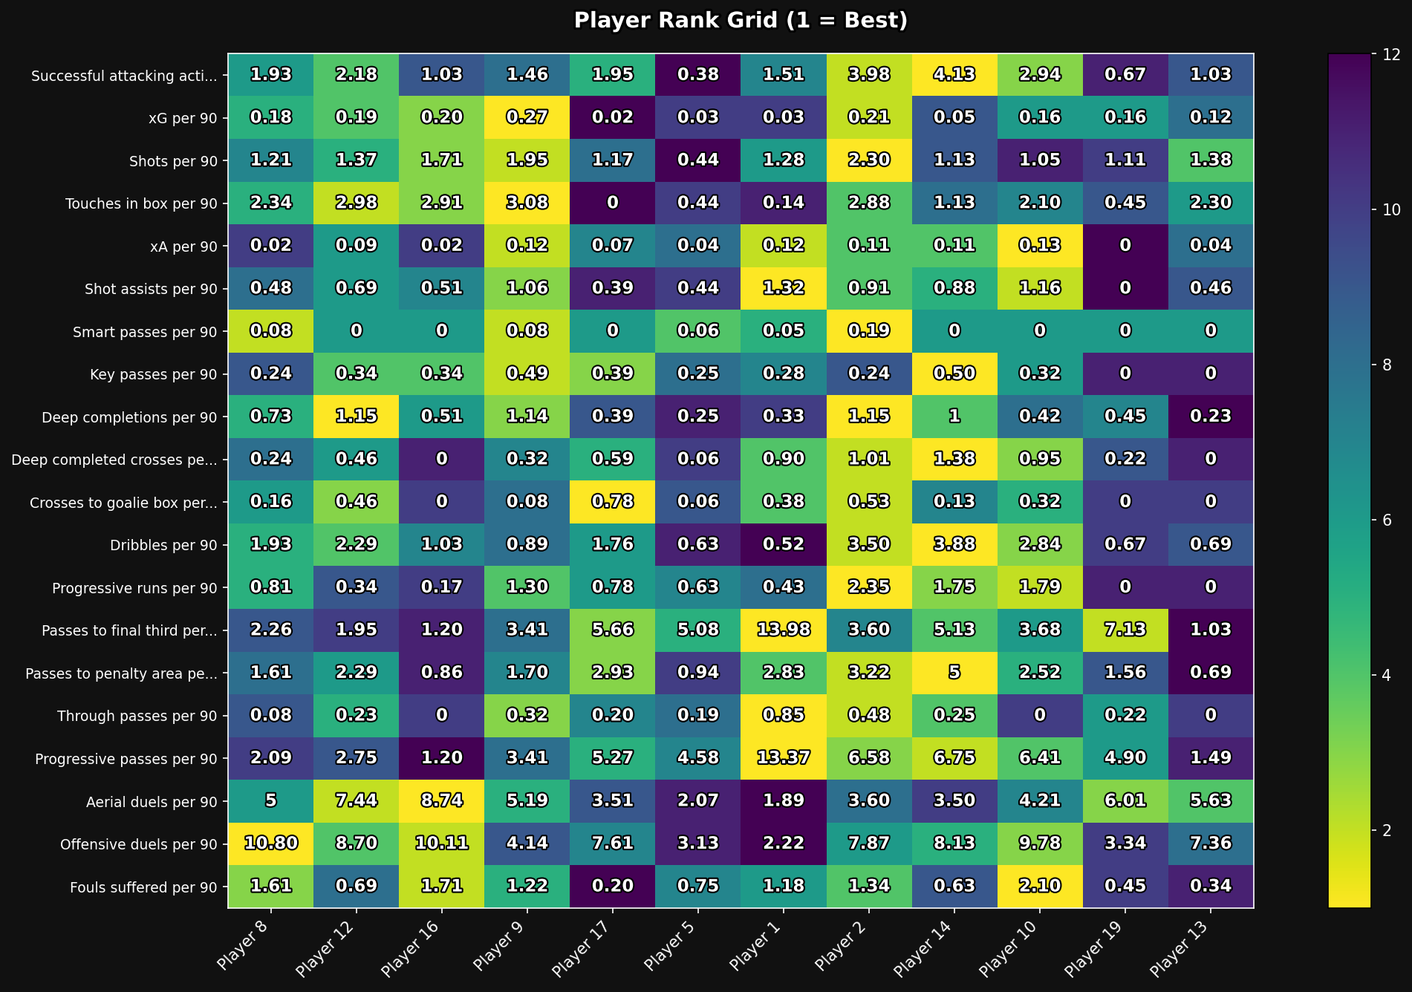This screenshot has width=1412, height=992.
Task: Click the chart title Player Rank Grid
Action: coord(741,21)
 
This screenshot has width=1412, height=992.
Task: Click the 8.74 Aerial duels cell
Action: coord(441,801)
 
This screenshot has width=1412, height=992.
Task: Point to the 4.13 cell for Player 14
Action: coord(954,75)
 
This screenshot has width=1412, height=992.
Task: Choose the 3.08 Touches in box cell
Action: coord(527,203)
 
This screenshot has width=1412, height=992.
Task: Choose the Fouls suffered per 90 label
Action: coord(143,887)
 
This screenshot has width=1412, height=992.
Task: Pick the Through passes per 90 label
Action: coord(137,716)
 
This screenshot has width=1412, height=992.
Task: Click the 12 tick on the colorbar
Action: coord(1386,54)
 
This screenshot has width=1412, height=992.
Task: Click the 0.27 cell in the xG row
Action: coord(527,117)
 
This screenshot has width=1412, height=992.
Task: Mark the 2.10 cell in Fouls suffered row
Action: coord(1040,887)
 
